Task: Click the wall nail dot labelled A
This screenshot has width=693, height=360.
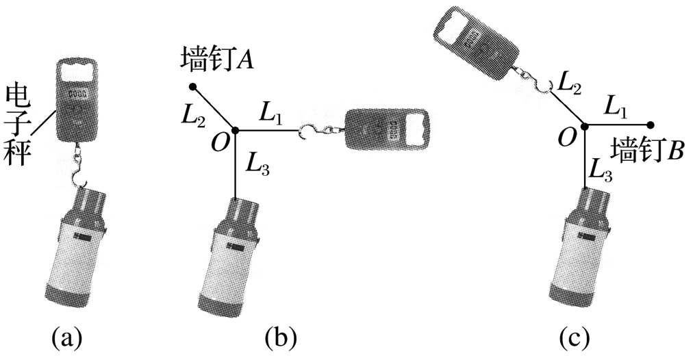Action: click(x=192, y=86)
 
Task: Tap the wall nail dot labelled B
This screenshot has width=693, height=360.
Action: click(x=652, y=125)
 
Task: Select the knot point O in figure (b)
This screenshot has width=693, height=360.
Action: click(x=236, y=130)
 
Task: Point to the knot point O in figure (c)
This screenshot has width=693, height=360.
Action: click(x=585, y=127)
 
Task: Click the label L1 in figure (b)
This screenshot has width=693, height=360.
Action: click(x=269, y=114)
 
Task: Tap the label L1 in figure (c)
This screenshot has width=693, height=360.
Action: click(x=615, y=108)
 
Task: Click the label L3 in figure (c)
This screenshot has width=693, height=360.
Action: click(x=601, y=169)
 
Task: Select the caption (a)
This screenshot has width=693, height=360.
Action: click(x=67, y=339)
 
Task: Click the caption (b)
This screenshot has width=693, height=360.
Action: click(x=281, y=339)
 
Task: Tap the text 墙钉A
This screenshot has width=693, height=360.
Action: click(x=217, y=60)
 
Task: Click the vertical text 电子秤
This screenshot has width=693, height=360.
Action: click(x=18, y=125)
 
